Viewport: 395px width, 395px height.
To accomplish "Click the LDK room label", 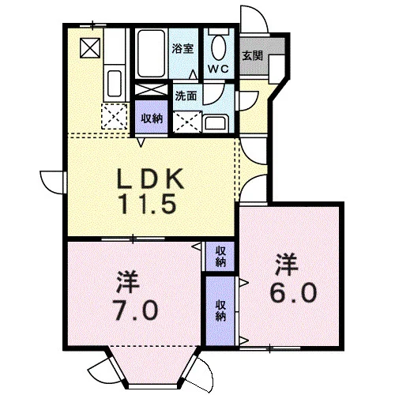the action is [x=150, y=179].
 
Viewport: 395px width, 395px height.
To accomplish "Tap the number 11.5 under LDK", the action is [x=148, y=204].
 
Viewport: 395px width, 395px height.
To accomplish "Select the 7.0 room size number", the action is [x=135, y=310].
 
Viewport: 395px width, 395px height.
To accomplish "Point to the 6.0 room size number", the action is [x=293, y=292].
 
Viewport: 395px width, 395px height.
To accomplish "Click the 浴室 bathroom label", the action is [x=182, y=49].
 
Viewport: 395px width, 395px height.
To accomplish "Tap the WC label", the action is [x=218, y=69].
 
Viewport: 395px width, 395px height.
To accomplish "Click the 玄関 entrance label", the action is [x=252, y=55].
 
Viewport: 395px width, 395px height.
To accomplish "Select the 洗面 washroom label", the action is [x=186, y=96].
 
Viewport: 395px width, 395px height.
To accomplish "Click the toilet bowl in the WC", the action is [x=219, y=47].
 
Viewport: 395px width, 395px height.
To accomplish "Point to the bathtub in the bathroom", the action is [x=151, y=54].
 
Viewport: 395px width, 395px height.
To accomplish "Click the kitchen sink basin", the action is [x=115, y=83].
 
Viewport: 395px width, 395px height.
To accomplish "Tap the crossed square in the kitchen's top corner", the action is [x=90, y=48].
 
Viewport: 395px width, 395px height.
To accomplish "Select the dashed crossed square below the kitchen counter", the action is [x=115, y=117].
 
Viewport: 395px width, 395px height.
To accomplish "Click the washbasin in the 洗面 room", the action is [x=215, y=122].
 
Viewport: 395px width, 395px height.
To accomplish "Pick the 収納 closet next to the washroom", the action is [x=151, y=117].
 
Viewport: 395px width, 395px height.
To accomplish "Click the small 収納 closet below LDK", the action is [x=220, y=257].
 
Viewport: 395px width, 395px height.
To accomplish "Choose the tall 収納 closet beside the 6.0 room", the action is [x=220, y=310].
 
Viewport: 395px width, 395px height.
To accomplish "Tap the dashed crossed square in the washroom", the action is [x=188, y=122].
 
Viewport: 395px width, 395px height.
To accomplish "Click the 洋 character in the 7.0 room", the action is [x=128, y=281].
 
